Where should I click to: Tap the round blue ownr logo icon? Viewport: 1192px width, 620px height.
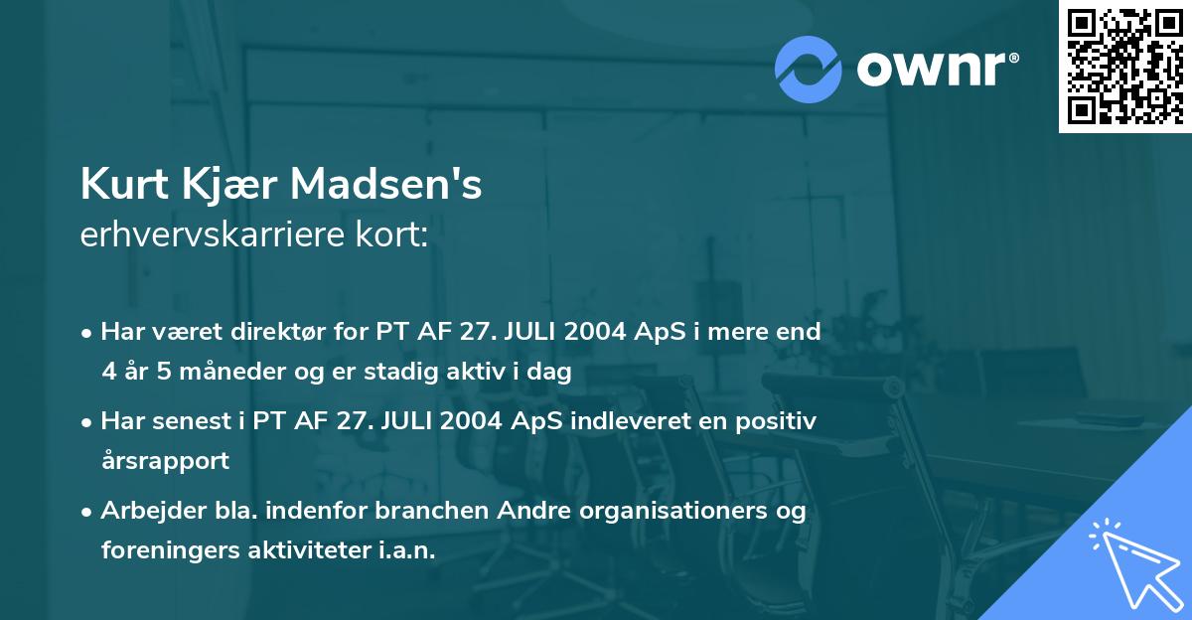coord(809,70)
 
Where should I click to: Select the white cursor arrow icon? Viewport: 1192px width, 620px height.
coord(1135,563)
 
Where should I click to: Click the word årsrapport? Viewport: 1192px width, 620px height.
coord(165,461)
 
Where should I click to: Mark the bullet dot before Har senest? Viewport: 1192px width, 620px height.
coord(87,422)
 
